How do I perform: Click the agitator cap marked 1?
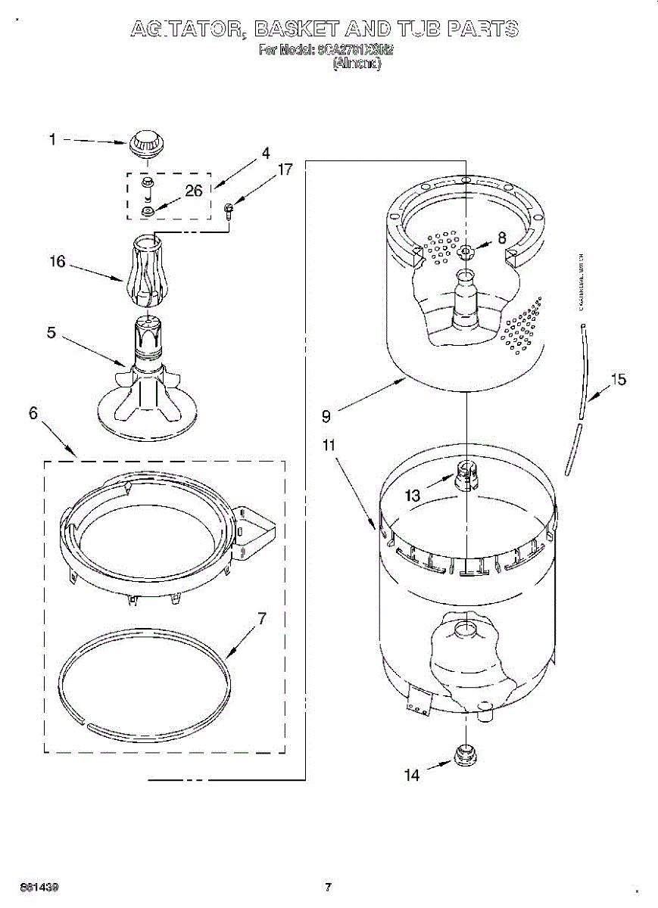tap(145, 143)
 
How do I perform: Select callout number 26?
tap(194, 191)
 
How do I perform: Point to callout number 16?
tap(58, 262)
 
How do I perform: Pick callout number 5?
tap(51, 332)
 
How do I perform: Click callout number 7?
tap(261, 618)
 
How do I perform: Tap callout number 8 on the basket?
tap(501, 237)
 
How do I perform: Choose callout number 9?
tap(326, 415)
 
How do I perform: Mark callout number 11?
tap(328, 445)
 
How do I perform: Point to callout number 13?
tap(412, 496)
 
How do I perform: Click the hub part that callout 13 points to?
tap(466, 474)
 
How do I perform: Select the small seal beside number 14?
tap(464, 755)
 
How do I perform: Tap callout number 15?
tap(619, 380)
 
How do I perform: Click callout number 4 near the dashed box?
tap(265, 152)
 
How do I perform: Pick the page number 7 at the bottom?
tap(328, 887)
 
